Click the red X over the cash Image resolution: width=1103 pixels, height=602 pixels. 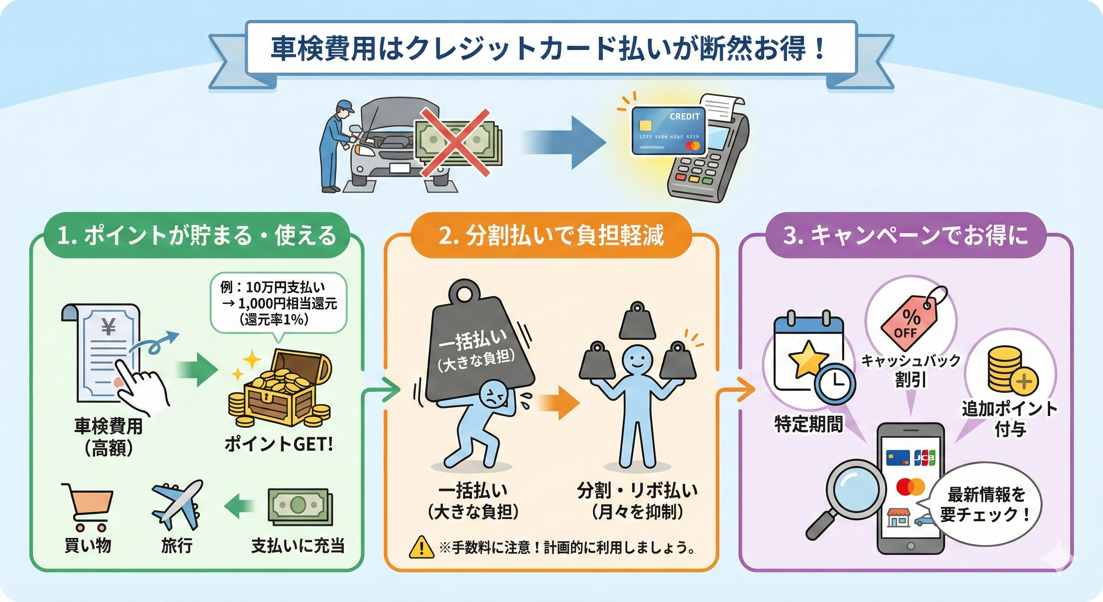tap(455, 142)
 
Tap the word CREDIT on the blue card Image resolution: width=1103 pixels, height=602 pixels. tap(684, 116)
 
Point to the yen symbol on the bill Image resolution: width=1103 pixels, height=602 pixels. tap(109, 327)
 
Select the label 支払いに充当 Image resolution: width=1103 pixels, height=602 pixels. tap(298, 546)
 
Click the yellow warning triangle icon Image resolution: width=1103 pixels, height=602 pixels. tap(421, 547)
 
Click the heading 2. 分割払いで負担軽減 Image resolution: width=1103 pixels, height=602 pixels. tap(551, 236)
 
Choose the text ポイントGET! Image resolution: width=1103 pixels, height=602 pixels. tap(279, 444)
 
